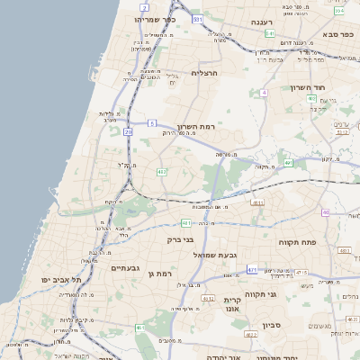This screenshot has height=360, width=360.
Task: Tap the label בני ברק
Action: tap(182, 240)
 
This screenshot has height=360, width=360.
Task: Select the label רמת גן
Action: tap(159, 273)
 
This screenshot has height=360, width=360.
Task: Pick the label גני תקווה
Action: tap(285, 294)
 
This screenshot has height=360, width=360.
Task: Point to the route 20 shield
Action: tap(129, 131)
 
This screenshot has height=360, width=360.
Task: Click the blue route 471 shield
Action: tap(252, 269)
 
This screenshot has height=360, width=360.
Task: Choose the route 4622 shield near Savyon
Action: tap(251, 335)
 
